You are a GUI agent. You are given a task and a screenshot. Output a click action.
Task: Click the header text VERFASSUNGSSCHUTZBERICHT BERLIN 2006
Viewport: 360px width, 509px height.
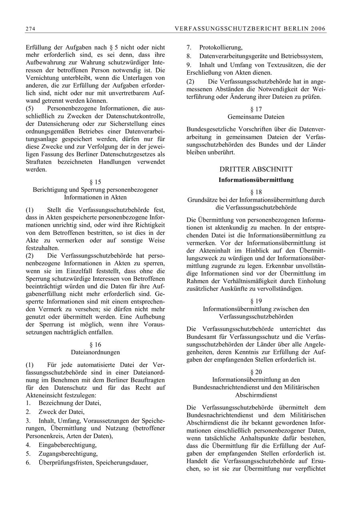(250, 28)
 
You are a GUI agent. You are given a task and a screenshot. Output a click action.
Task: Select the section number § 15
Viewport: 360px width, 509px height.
(95, 182)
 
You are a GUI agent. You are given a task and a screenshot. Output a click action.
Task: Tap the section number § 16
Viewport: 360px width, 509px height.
(95, 345)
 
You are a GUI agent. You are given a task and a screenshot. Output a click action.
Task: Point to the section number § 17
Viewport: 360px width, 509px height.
(256, 109)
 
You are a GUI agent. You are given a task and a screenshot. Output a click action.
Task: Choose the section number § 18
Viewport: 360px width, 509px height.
(256, 192)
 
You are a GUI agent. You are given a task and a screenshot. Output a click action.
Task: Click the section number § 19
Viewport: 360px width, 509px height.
(256, 301)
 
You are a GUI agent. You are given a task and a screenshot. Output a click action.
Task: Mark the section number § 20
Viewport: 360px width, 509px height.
(256, 372)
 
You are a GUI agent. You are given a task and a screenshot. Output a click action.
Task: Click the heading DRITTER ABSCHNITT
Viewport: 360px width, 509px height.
(256, 169)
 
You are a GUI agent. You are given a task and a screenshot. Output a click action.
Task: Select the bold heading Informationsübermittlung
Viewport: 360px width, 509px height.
(256, 180)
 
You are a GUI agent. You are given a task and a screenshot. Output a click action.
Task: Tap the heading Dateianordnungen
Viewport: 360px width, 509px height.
(95, 352)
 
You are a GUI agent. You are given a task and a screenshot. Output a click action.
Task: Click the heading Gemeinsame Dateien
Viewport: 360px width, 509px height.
(256, 117)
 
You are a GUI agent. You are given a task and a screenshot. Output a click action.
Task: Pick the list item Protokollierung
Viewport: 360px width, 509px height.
(221, 48)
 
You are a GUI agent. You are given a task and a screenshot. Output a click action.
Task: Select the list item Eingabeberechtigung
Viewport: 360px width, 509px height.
(68, 445)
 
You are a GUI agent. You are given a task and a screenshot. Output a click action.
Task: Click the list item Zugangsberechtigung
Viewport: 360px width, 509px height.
(68, 454)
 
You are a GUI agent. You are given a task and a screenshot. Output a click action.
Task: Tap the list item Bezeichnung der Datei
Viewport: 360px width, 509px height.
(70, 403)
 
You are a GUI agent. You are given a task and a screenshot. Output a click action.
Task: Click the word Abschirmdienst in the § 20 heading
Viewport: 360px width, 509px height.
(256, 395)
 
